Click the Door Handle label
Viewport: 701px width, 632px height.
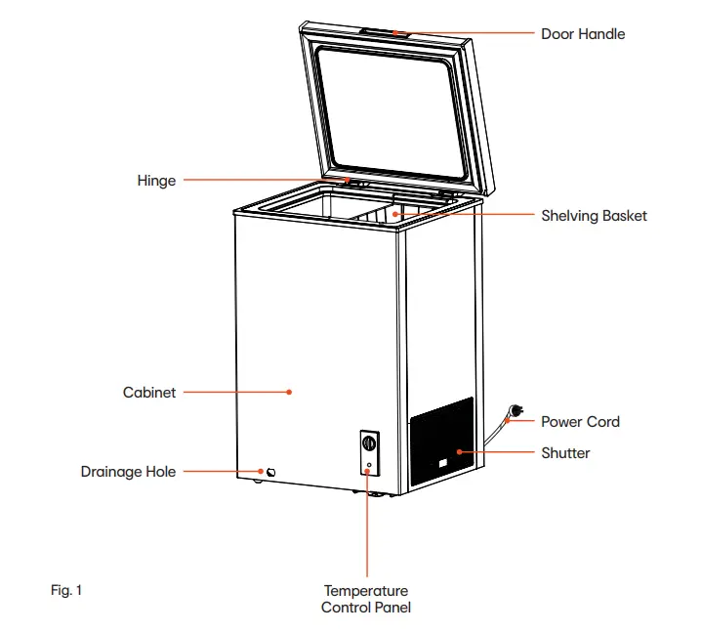(583, 34)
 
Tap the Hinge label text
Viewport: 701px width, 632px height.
(156, 181)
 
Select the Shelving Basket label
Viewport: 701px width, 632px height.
(594, 216)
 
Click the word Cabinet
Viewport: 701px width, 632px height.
(149, 393)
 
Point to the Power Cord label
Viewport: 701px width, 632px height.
(580, 422)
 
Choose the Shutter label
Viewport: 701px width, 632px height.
(565, 453)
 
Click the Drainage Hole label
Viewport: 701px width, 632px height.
(128, 472)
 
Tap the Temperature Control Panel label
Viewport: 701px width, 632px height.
(366, 599)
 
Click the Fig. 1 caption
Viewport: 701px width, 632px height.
(66, 590)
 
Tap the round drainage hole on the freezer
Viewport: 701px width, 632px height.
(270, 474)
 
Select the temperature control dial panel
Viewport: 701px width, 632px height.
(368, 451)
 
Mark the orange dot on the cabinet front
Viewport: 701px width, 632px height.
(289, 393)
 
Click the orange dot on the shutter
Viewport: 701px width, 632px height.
(458, 453)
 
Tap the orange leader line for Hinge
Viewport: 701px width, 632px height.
(264, 181)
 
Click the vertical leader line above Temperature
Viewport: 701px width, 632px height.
(367, 527)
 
